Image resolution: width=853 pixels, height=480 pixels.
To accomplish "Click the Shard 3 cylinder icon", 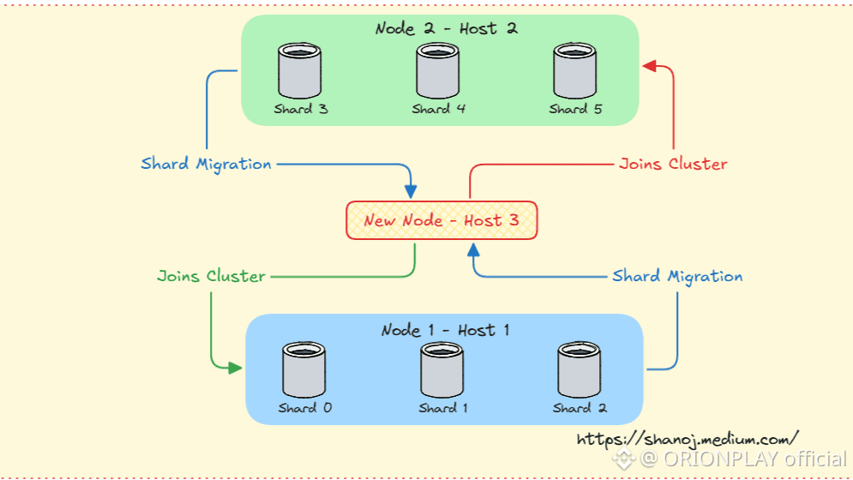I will pyautogui.click(x=300, y=71).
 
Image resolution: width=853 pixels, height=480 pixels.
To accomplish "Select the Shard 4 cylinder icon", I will pyautogui.click(x=438, y=71).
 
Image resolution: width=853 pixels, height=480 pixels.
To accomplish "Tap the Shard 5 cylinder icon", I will pyautogui.click(x=575, y=71).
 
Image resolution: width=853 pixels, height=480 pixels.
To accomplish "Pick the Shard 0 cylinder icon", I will pyautogui.click(x=304, y=369).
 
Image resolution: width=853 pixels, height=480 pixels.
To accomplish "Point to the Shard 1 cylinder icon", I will pyautogui.click(x=442, y=369).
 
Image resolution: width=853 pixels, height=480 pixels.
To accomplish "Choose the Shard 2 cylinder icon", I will pyautogui.click(x=580, y=369).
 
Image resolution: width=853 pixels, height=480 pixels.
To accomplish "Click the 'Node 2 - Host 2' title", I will pyautogui.click(x=446, y=29).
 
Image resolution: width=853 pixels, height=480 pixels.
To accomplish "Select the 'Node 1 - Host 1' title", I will pyautogui.click(x=445, y=330).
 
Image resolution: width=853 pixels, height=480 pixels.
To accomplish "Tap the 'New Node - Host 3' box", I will pyautogui.click(x=442, y=220).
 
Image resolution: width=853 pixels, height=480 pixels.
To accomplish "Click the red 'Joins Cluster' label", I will pyautogui.click(x=673, y=163).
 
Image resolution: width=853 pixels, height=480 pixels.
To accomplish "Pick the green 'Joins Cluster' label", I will pyautogui.click(x=211, y=276).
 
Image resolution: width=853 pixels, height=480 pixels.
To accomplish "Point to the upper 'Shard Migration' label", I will pyautogui.click(x=206, y=163).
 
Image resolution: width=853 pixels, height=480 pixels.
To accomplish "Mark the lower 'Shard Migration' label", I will pyautogui.click(x=677, y=276).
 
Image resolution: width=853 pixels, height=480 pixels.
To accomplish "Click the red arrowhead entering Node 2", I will pyautogui.click(x=649, y=67).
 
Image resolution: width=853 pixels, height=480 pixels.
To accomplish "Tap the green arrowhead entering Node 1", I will pyautogui.click(x=234, y=369).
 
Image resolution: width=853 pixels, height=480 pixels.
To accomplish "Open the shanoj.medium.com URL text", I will pyautogui.click(x=688, y=438).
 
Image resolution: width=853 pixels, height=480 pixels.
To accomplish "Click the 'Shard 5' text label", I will pyautogui.click(x=575, y=109).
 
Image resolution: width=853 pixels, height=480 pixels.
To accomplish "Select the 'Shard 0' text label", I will pyautogui.click(x=304, y=408).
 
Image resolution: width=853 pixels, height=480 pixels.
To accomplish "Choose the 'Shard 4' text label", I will pyautogui.click(x=438, y=109).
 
